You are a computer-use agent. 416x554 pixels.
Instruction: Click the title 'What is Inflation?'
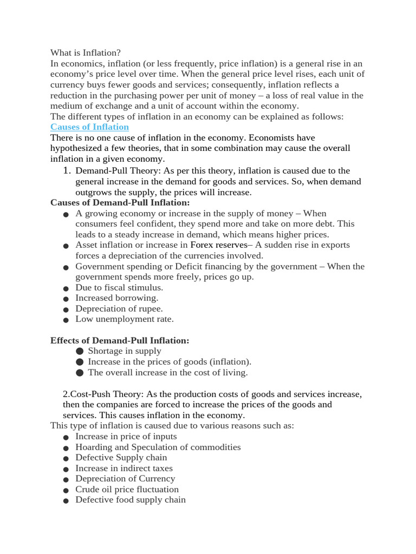tap(86, 52)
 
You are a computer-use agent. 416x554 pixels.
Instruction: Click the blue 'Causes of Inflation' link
tap(89, 127)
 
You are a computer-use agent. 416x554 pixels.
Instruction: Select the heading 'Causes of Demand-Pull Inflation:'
tap(120, 202)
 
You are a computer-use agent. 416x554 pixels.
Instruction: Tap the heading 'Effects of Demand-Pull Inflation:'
tap(120, 340)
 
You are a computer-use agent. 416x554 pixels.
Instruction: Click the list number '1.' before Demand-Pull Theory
tap(67, 171)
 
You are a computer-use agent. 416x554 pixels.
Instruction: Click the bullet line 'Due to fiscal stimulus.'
tap(119, 288)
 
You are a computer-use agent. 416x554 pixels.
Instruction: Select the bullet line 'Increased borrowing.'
tap(116, 298)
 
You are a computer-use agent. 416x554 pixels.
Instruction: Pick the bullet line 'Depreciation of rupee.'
tap(119, 309)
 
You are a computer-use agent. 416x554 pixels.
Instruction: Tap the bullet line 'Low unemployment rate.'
tap(124, 319)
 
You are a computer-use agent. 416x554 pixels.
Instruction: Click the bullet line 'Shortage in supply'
tap(125, 351)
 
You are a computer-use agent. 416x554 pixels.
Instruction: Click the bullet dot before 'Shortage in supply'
tap(80, 352)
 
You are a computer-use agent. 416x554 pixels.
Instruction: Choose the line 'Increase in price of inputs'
tap(126, 437)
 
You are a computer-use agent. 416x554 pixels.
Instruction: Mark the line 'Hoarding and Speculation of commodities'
tap(158, 447)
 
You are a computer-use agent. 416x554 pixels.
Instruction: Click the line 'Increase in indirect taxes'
tap(124, 469)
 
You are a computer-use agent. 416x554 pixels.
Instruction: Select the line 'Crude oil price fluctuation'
tap(127, 490)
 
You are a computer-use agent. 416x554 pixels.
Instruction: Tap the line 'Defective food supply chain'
tap(130, 500)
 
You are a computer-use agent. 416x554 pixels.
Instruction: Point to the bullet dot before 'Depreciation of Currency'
tap(66, 480)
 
